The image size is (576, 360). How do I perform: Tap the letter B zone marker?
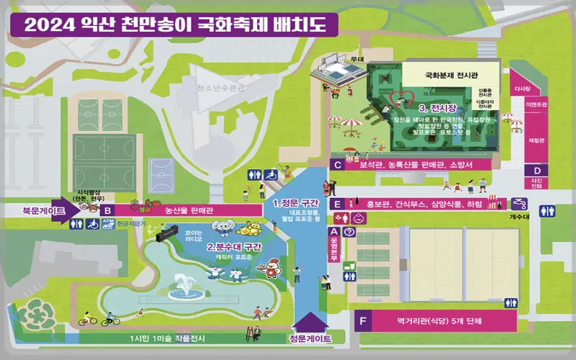[107, 210]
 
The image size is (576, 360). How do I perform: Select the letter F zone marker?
[363, 320]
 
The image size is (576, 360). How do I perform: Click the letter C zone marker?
[337, 164]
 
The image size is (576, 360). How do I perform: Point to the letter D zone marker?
[537, 169]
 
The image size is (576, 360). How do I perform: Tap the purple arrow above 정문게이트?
[310, 322]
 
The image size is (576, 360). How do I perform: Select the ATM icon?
[107, 225]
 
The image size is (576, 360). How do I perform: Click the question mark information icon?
[348, 232]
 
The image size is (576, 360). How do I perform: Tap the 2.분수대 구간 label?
[234, 247]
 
